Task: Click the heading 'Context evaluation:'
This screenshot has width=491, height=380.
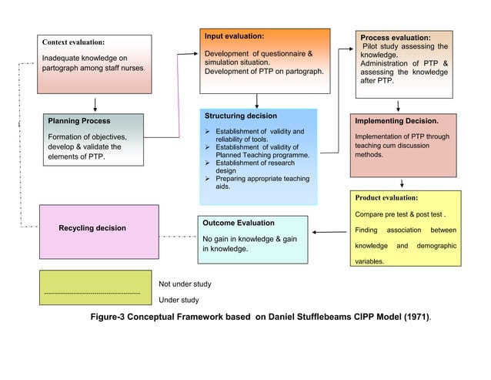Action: click(73, 42)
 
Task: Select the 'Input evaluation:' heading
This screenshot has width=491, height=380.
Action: click(234, 36)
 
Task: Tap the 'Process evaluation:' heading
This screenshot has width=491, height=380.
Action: click(396, 37)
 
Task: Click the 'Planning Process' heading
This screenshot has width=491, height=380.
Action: click(78, 121)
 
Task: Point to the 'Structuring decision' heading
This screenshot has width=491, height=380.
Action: click(241, 116)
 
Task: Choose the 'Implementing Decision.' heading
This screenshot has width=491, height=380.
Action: click(396, 121)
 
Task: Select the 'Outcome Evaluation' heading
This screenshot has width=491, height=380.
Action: click(238, 223)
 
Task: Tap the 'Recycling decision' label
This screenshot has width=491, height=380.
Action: click(92, 228)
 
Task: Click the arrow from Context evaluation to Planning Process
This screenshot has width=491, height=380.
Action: click(95, 104)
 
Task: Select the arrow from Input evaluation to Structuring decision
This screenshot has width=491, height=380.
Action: click(257, 100)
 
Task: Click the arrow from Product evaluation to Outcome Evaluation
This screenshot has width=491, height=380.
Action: click(329, 232)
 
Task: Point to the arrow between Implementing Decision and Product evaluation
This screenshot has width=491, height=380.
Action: click(402, 183)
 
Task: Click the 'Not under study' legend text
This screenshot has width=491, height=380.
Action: click(185, 284)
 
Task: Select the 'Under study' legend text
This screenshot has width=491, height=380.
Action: click(179, 300)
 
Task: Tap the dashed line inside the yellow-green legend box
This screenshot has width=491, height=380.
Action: click(92, 294)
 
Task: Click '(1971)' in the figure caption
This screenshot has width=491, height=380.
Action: click(413, 318)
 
